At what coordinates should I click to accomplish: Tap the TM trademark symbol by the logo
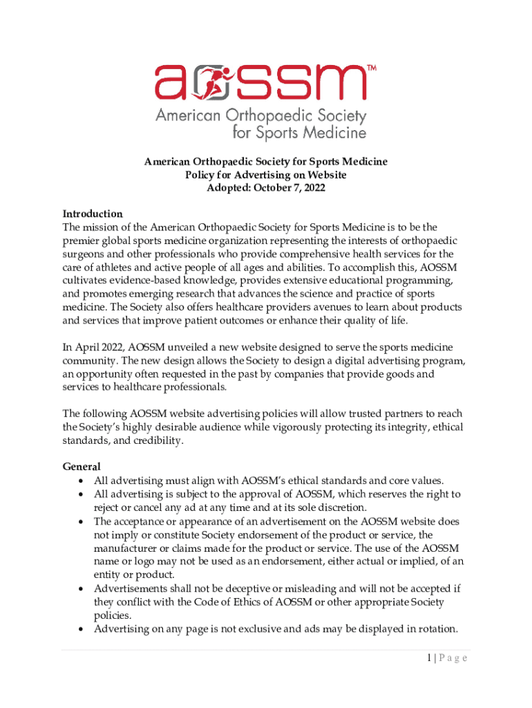pyautogui.click(x=370, y=68)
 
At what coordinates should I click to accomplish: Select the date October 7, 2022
pyautogui.click(x=291, y=188)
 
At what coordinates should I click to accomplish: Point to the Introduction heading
pyautogui.click(x=93, y=214)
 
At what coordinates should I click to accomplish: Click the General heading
pyautogui.click(x=82, y=467)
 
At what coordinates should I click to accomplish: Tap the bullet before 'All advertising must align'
pyautogui.click(x=83, y=481)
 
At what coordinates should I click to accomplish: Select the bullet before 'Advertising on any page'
pyautogui.click(x=83, y=628)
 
